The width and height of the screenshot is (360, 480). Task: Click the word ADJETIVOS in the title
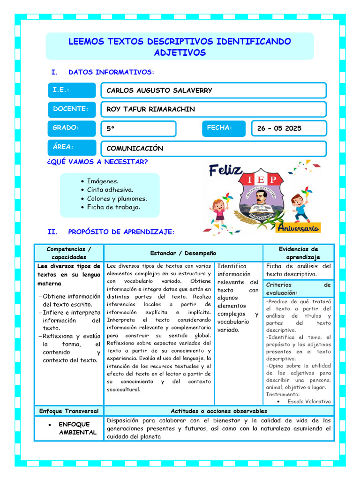point(180,53)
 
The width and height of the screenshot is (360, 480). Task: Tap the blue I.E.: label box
point(72,90)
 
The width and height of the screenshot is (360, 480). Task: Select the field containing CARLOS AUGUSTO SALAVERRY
point(213,90)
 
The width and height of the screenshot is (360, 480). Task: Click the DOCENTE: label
point(72,109)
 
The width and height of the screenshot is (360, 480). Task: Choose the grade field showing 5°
point(138,128)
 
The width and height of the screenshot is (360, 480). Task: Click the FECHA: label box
point(224,128)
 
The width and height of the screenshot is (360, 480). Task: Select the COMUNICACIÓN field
point(213,148)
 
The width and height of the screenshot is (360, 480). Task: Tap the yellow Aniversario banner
point(298,228)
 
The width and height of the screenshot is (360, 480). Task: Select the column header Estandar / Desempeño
point(183,253)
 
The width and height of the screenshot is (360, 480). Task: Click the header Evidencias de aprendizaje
point(298,253)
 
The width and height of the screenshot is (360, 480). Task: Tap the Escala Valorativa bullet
point(309,401)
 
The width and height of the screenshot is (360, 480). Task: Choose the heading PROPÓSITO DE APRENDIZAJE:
point(121,232)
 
